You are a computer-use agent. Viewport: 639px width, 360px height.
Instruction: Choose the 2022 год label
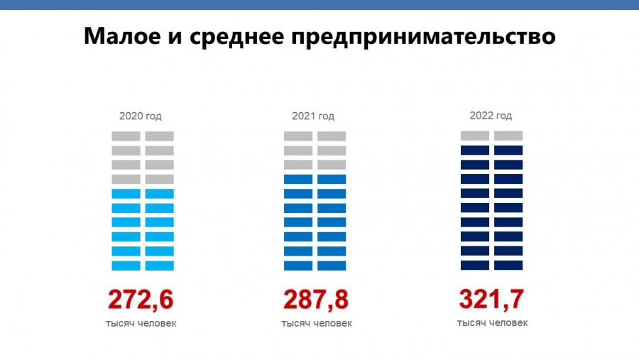point(491,116)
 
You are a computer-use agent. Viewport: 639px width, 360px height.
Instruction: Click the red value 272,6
point(141,300)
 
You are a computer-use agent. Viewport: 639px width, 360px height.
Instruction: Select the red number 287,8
point(316,300)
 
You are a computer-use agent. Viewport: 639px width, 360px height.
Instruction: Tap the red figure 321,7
point(491,299)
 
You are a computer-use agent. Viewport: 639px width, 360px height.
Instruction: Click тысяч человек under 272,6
point(141,324)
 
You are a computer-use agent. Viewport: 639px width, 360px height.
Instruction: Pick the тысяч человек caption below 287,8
point(316,324)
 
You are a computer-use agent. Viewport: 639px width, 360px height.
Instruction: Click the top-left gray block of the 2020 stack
point(126,136)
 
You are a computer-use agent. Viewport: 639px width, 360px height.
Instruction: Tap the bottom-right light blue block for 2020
point(160,266)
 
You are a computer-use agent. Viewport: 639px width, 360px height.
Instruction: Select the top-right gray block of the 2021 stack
point(332,136)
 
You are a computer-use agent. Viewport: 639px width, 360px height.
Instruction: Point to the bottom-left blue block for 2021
point(298,266)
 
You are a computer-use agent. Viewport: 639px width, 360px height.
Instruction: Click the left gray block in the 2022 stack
point(475,136)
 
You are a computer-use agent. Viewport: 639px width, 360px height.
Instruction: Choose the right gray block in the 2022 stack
point(508,136)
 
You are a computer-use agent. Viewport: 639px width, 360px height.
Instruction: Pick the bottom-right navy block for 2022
point(508,265)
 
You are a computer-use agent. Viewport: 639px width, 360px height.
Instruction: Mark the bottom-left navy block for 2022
point(475,265)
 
